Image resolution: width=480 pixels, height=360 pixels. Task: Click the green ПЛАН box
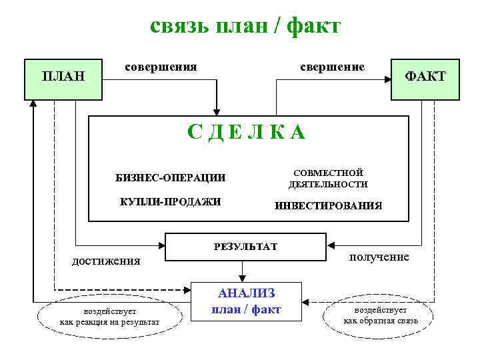(63, 77)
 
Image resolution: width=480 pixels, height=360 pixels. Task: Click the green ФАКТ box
(425, 77)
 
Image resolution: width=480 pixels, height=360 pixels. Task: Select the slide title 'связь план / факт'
(245, 25)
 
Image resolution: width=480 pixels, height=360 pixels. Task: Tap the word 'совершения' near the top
(161, 67)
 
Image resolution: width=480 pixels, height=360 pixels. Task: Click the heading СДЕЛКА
(246, 132)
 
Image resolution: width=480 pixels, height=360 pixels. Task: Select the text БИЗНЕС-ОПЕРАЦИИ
(170, 178)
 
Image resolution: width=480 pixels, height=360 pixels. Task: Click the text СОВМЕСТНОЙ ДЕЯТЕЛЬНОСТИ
(328, 178)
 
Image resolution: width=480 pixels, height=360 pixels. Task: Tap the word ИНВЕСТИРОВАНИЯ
(328, 205)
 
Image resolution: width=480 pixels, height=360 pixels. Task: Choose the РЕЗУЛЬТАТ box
(245, 247)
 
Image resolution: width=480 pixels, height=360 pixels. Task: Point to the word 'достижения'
(106, 261)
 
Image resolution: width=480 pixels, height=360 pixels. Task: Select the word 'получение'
(379, 257)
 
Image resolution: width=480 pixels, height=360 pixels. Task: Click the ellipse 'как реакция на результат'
(109, 317)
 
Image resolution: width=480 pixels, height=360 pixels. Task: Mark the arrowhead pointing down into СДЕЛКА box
(215, 111)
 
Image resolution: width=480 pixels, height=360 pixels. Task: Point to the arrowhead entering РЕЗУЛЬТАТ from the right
(331, 243)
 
